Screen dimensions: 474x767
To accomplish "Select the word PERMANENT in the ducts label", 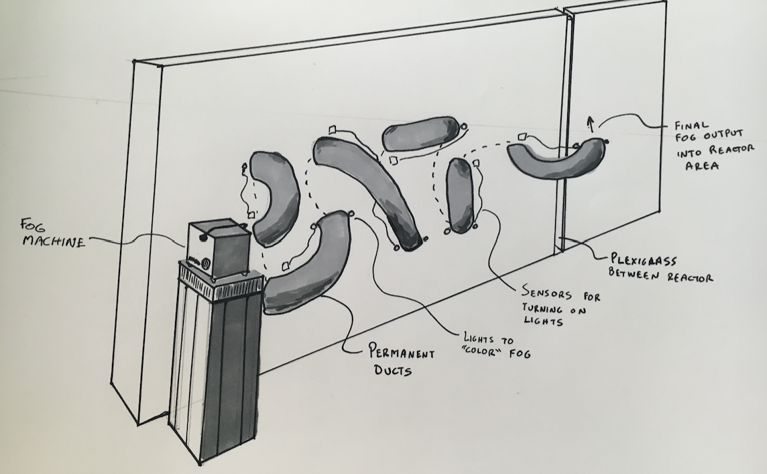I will [x=400, y=353].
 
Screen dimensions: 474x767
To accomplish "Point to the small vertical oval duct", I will [x=460, y=195].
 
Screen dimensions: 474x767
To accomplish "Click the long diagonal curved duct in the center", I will [x=372, y=188].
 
